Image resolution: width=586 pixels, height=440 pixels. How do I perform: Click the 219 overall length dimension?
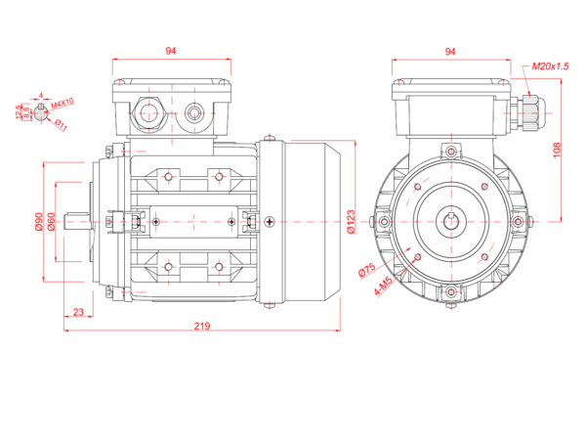pos(202,325)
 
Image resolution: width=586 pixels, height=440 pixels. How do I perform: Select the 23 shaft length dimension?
pos(77,312)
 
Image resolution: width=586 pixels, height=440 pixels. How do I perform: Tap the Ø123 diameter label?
pos(350,224)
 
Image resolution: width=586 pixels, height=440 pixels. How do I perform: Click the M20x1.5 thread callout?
pos(551,66)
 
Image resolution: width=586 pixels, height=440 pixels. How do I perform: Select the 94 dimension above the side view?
pos(172,50)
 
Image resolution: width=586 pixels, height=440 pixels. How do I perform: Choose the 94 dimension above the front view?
pos(451,50)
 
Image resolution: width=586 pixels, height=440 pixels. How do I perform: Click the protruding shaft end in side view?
pos(77,222)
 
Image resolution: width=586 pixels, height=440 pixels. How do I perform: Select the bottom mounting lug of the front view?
pos(450,292)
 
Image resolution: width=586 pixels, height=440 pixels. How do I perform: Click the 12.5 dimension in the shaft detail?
pos(19,113)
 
